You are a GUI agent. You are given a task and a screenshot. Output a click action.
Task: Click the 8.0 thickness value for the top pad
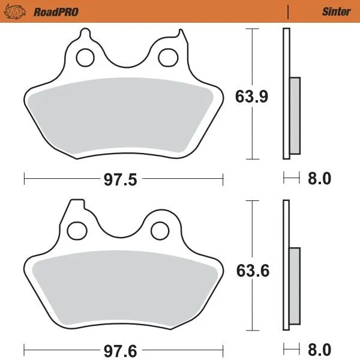pos(320,179)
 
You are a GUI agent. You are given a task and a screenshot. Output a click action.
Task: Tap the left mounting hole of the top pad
pos(85,58)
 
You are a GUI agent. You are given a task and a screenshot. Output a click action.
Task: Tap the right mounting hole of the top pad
pos(166,58)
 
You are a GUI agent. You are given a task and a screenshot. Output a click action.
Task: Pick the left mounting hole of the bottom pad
pos(77,230)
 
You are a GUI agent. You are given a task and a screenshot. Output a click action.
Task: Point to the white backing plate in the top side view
pos(286,60)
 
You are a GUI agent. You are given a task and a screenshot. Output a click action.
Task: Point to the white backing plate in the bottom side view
pos(286,228)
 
